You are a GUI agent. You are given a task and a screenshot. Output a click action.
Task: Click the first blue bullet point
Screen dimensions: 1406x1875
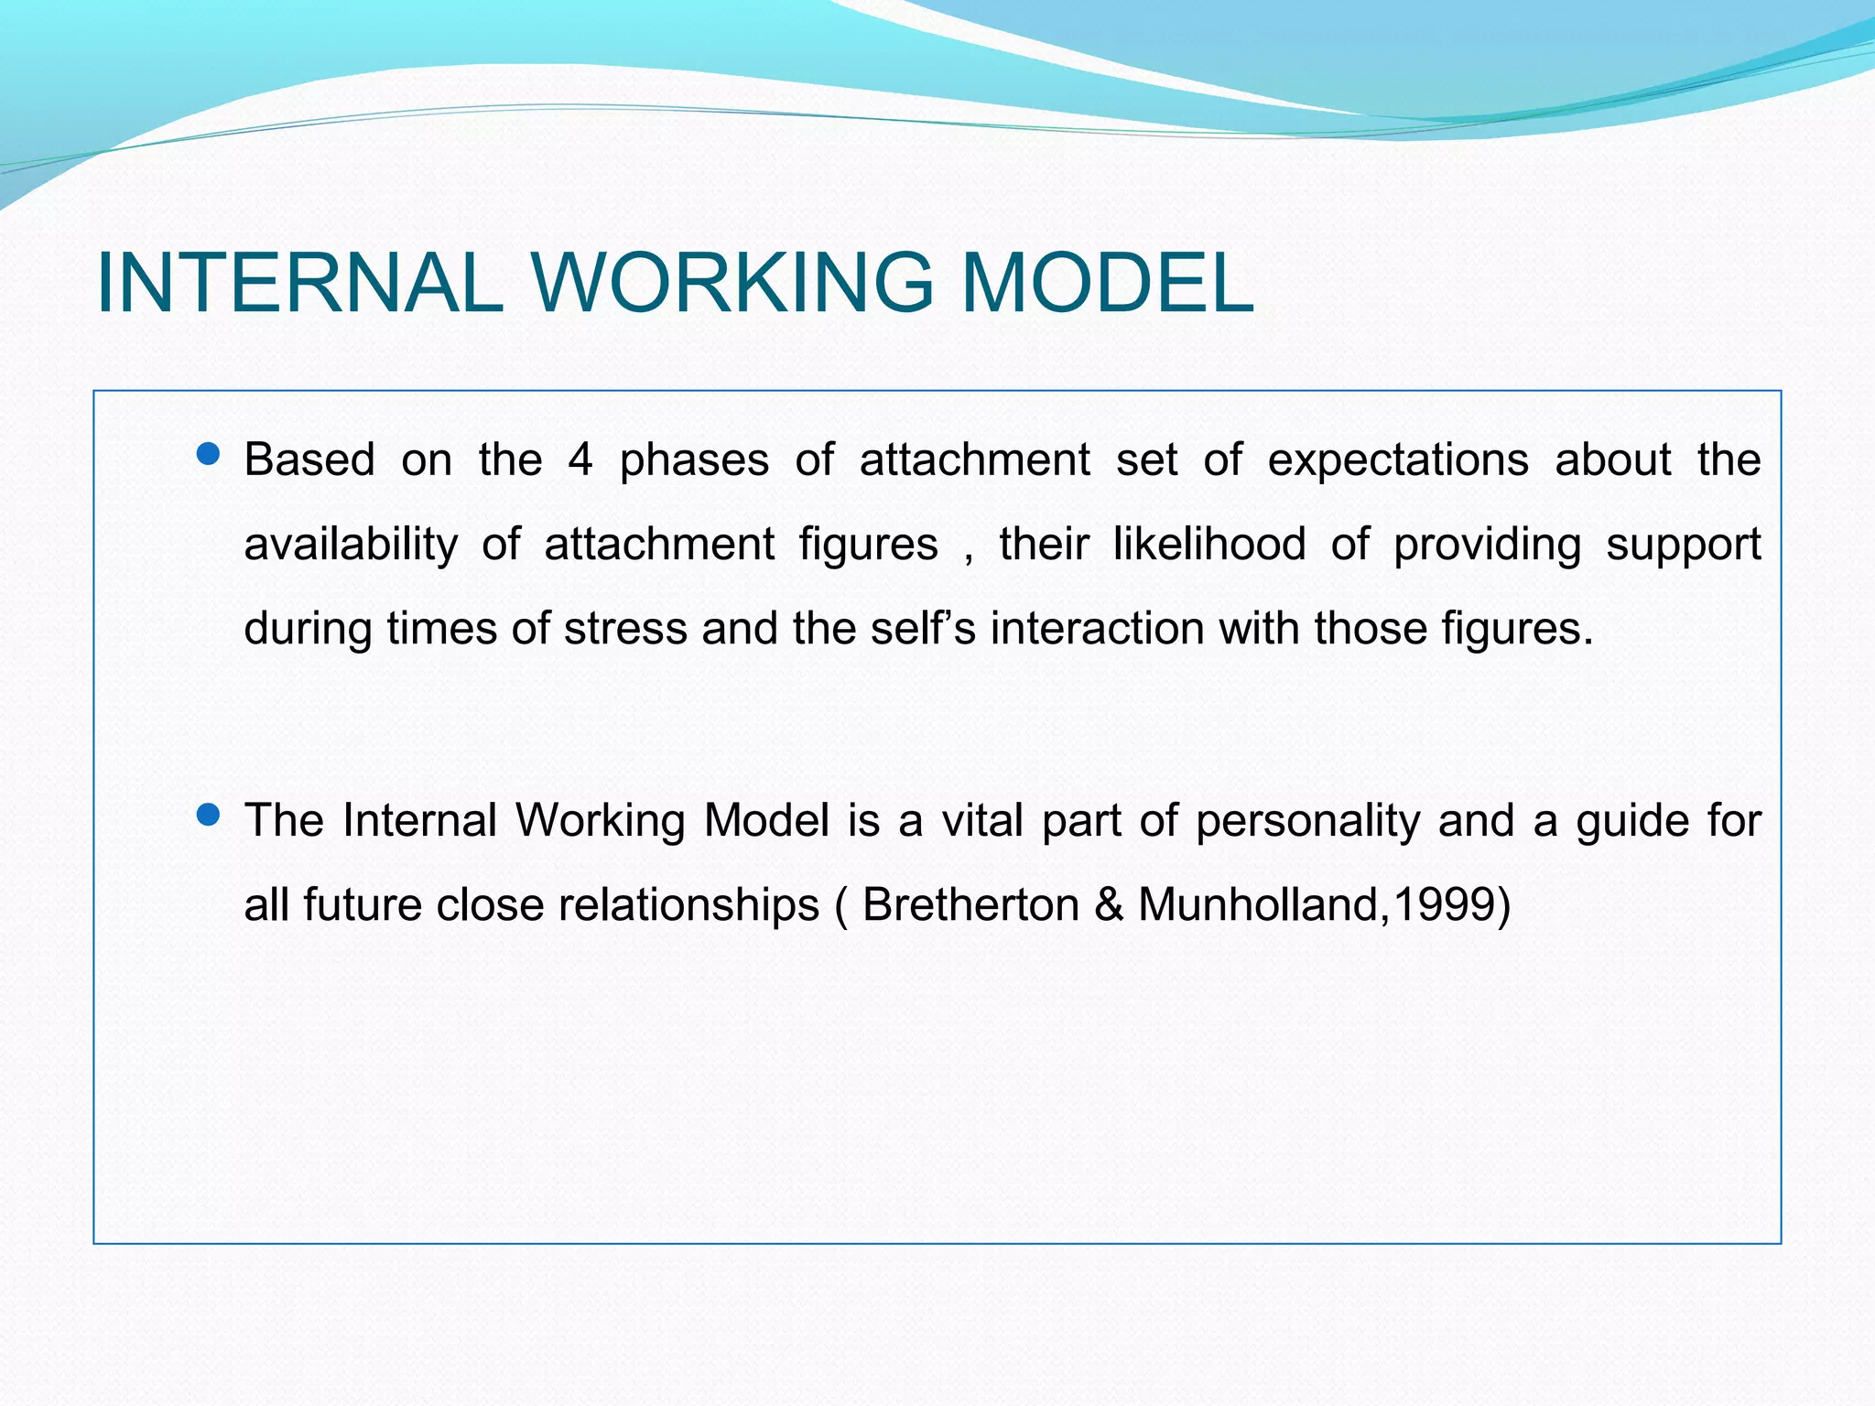pyautogui.click(x=209, y=454)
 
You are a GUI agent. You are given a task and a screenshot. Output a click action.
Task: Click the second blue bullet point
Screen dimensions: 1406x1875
pyautogui.click(x=209, y=815)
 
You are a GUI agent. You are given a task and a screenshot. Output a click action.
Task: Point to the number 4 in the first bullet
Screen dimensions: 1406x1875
pyautogui.click(x=580, y=459)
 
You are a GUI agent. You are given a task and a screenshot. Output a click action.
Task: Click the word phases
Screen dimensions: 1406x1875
pyautogui.click(x=694, y=460)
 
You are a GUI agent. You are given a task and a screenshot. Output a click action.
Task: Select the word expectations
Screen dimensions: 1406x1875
pyautogui.click(x=1397, y=460)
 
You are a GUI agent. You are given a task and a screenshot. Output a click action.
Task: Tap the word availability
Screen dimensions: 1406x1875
pyautogui.click(x=351, y=545)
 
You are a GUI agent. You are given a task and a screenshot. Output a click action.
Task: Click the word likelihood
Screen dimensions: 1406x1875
pyautogui.click(x=1208, y=544)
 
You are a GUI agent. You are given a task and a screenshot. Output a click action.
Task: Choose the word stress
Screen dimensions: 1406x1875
pyautogui.click(x=625, y=629)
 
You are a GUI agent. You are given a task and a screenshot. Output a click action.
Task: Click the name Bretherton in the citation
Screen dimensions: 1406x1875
pyautogui.click(x=970, y=905)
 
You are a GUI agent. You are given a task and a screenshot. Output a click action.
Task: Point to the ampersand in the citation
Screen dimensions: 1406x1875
pyautogui.click(x=1108, y=905)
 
